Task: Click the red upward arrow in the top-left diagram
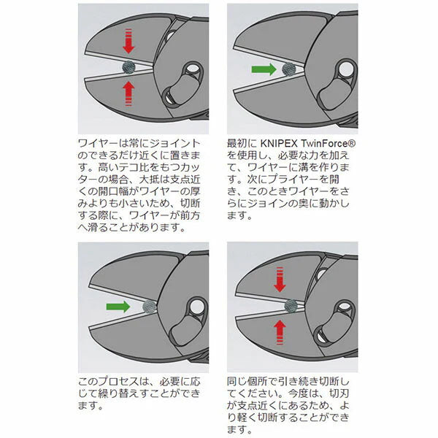[129, 93]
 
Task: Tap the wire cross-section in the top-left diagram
[129, 67]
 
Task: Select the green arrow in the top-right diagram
[261, 70]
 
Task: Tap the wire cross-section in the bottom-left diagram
[150, 306]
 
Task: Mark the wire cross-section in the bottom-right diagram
[292, 305]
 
